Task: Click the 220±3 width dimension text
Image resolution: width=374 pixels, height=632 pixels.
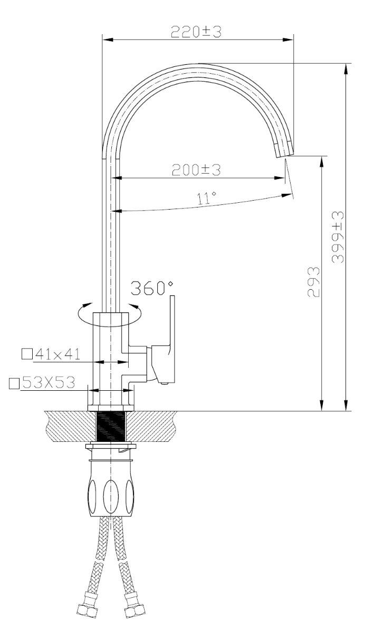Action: pyautogui.click(x=196, y=32)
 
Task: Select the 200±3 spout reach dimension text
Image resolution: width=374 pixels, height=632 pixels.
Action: pyautogui.click(x=196, y=170)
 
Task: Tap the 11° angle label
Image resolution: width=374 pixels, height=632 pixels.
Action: pyautogui.click(x=207, y=198)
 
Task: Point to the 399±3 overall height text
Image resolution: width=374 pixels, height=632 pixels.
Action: pyautogui.click(x=338, y=238)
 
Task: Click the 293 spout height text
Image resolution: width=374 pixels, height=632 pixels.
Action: pyautogui.click(x=313, y=282)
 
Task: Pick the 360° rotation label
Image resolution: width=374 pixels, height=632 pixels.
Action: pyautogui.click(x=152, y=288)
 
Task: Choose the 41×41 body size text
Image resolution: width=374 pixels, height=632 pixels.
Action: pyautogui.click(x=58, y=354)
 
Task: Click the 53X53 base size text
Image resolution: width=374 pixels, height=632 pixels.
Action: pyautogui.click(x=49, y=382)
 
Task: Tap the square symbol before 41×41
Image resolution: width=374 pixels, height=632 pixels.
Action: pyautogui.click(x=27, y=354)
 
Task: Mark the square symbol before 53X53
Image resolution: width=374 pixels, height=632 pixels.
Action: pyautogui.click(x=14, y=384)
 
